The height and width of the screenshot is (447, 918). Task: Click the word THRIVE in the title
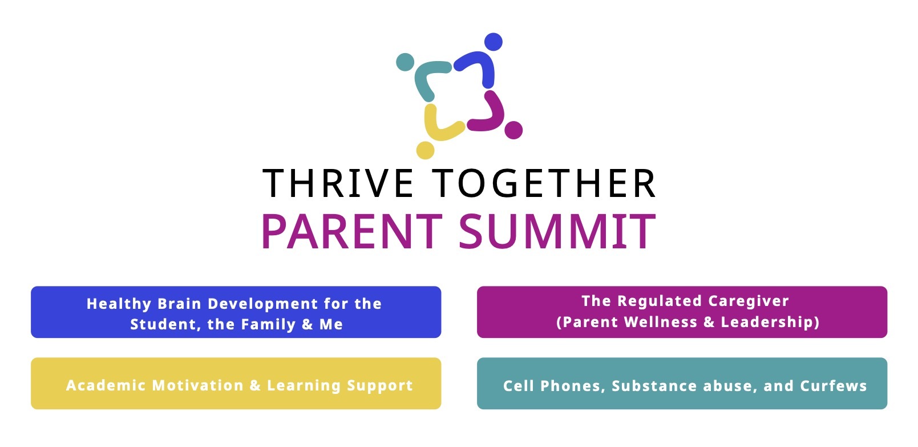338,183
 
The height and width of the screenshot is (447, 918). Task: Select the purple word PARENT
351,231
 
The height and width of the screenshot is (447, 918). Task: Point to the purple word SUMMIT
557,231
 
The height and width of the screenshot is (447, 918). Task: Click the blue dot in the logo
493,42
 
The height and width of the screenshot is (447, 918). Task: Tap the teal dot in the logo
405,62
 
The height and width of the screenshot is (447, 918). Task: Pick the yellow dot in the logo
425,150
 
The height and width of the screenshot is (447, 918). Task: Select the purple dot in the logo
513,130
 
